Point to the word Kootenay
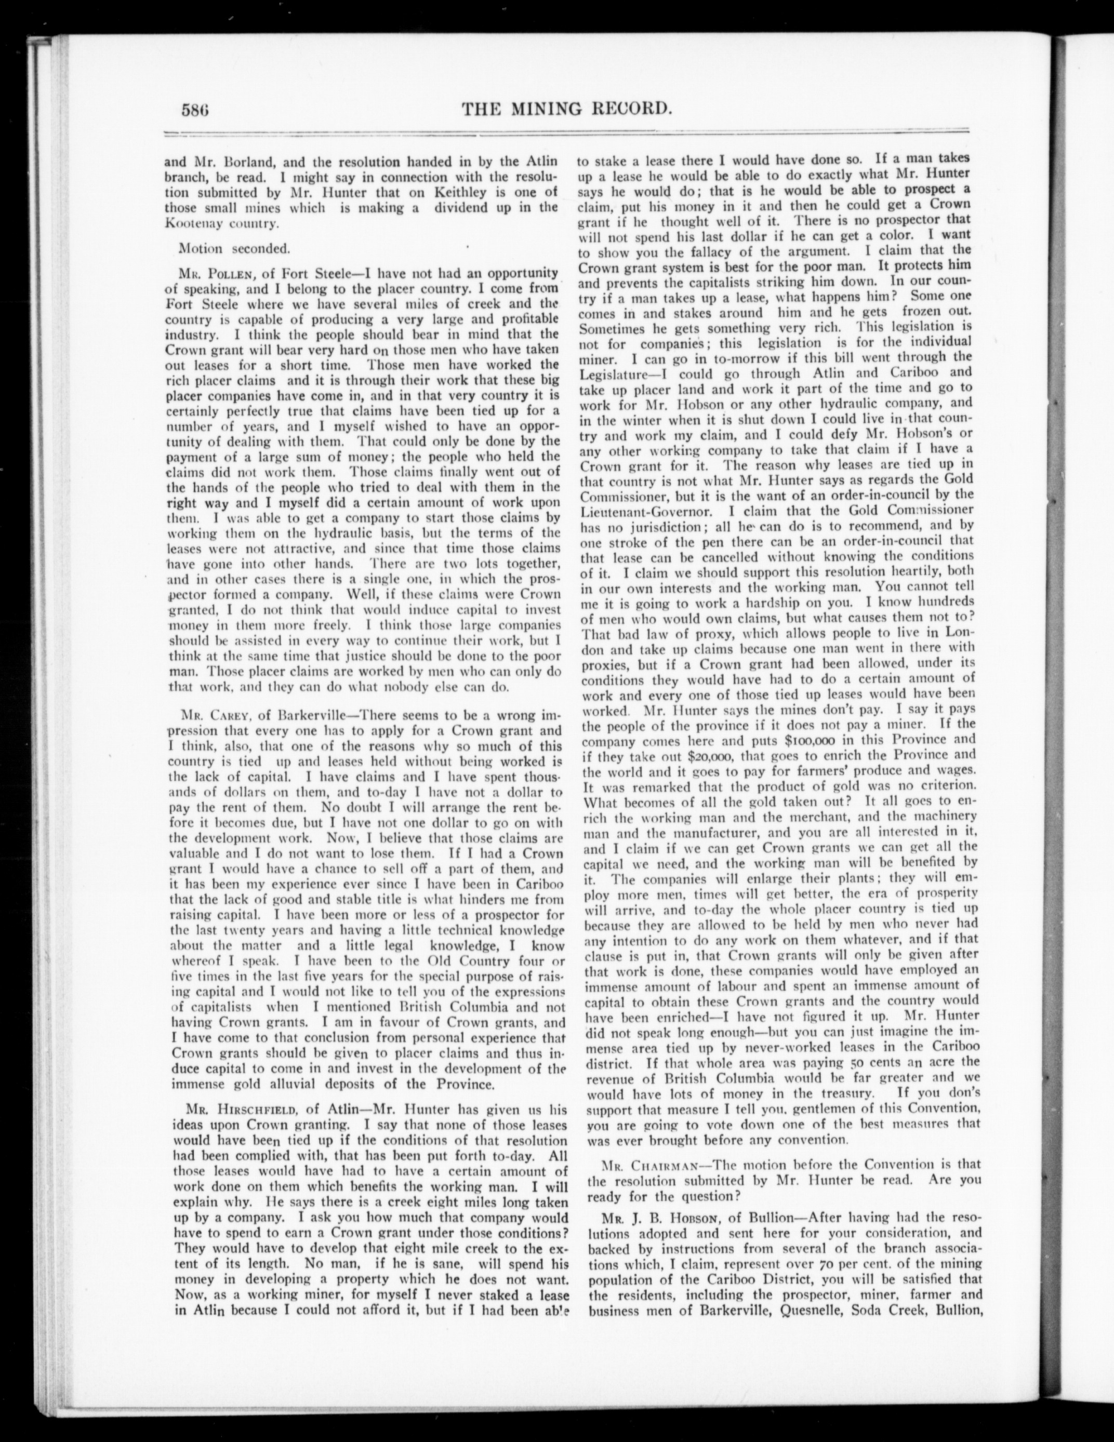(x=196, y=224)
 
